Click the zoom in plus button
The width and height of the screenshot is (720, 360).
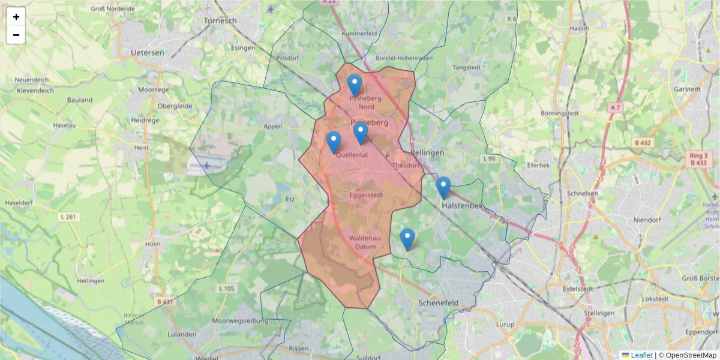[16, 17]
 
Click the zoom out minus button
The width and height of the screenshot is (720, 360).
[16, 35]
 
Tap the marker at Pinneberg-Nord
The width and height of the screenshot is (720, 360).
[355, 85]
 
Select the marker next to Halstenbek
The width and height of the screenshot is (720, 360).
[443, 187]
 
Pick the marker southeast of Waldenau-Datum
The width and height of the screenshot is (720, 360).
[407, 239]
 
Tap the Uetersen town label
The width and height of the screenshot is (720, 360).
[148, 53]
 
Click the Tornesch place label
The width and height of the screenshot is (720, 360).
[220, 20]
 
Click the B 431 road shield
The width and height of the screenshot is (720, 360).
[163, 301]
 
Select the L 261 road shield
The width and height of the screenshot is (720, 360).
[68, 216]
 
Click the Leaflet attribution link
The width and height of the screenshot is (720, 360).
[641, 355]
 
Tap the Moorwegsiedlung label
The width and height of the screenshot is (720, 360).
[244, 321]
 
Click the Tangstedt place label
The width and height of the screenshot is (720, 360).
[467, 68]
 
